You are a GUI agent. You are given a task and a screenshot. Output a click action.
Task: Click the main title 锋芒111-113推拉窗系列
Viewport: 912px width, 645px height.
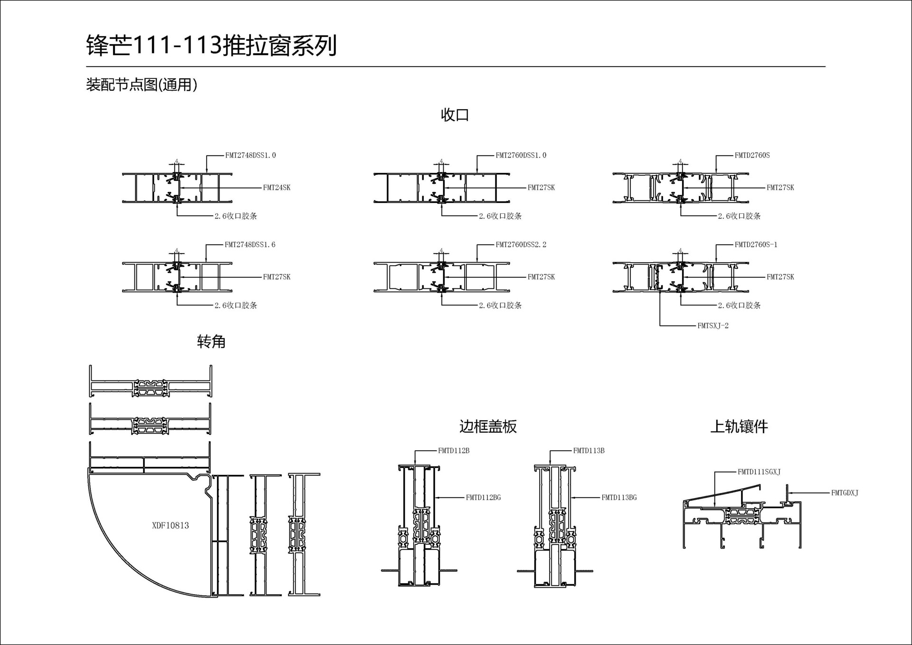pyautogui.click(x=211, y=46)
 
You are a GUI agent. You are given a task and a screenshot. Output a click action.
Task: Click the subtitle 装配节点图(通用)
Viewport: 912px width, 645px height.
pyautogui.click(x=142, y=85)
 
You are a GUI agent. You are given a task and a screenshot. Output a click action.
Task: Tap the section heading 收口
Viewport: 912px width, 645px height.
pyautogui.click(x=455, y=114)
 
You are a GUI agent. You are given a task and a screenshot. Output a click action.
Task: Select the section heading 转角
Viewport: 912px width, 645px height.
pyautogui.click(x=211, y=341)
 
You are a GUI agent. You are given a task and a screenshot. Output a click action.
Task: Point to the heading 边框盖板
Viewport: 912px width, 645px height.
pyautogui.click(x=488, y=426)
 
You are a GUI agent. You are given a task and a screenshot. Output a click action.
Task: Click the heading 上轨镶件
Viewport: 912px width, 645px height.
pyautogui.click(x=739, y=426)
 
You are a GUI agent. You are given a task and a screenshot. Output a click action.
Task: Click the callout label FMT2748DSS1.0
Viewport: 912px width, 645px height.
pyautogui.click(x=250, y=155)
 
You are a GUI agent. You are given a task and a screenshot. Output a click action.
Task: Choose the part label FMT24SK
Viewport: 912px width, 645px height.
pyautogui.click(x=276, y=188)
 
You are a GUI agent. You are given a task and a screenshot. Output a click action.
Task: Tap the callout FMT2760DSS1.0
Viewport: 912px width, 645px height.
pyautogui.click(x=521, y=155)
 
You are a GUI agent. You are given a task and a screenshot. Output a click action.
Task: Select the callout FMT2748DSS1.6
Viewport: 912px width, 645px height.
pyautogui.click(x=250, y=245)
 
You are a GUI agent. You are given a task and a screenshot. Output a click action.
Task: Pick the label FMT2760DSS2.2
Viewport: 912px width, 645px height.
pyautogui.click(x=521, y=245)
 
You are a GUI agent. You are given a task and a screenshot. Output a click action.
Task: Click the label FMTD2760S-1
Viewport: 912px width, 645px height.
pyautogui.click(x=756, y=245)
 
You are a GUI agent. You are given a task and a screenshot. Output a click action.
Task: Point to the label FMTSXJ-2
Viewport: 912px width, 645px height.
pyautogui.click(x=712, y=326)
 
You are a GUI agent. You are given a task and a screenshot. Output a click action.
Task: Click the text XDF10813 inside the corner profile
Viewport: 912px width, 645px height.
pyautogui.click(x=170, y=525)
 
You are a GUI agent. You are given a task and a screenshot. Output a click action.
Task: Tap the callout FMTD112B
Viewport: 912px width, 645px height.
pyautogui.click(x=454, y=451)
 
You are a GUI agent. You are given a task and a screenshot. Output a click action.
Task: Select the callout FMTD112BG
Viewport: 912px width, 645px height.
pyautogui.click(x=483, y=498)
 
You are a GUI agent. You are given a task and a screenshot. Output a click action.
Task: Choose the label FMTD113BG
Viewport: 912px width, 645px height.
pyautogui.click(x=619, y=498)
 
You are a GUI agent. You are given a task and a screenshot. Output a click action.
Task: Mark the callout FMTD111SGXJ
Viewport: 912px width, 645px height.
pyautogui.click(x=759, y=472)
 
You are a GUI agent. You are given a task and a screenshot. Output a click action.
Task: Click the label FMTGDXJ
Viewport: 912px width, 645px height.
pyautogui.click(x=845, y=493)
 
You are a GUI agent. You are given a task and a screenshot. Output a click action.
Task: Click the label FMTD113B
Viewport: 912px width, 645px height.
pyautogui.click(x=589, y=451)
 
